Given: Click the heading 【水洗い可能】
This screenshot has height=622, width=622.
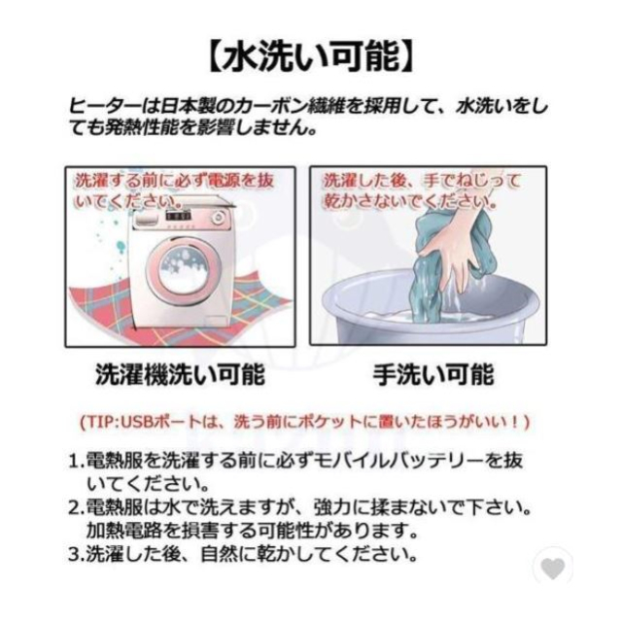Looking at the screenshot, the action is (x=311, y=58).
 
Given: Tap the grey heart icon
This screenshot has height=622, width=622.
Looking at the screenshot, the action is (x=553, y=568).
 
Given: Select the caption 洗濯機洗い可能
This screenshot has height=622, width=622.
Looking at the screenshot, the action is (x=180, y=374).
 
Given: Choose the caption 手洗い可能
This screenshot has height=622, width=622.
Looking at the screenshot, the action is (x=433, y=374).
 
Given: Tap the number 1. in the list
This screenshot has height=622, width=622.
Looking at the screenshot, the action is (x=77, y=461).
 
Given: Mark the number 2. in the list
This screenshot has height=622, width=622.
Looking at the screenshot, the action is (x=77, y=507).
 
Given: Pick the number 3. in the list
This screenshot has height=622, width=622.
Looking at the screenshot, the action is (x=77, y=555).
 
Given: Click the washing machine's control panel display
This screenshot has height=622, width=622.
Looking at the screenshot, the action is (x=178, y=217).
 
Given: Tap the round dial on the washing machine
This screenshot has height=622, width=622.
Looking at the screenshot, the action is (x=218, y=218).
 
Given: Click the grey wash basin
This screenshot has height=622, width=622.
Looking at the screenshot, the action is (x=430, y=309).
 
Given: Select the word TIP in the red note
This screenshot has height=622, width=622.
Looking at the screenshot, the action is (x=101, y=422).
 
